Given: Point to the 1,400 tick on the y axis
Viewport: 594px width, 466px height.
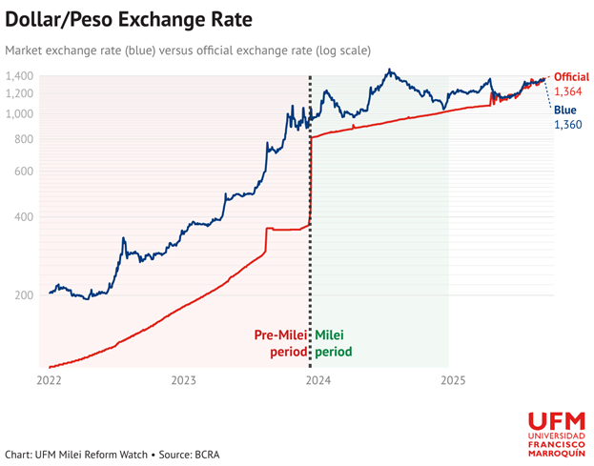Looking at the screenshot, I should [x=20, y=75].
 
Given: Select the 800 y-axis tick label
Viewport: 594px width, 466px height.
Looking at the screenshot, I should [x=25, y=139].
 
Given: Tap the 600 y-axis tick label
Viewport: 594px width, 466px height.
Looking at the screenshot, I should [x=25, y=172].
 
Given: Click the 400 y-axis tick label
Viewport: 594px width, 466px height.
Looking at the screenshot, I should [x=25, y=217].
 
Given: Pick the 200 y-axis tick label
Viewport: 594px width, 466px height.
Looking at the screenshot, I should [x=25, y=294].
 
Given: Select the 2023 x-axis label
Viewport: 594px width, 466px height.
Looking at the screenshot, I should [x=184, y=380].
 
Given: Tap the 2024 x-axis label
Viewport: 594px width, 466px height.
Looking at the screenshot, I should [x=318, y=380].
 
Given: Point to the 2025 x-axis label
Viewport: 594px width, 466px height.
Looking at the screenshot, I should [x=453, y=380].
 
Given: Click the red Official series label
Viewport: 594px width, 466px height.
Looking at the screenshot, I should [x=571, y=76].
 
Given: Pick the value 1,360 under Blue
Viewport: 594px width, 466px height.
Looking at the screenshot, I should [x=568, y=126].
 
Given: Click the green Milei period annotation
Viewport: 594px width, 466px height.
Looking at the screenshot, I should [x=333, y=343].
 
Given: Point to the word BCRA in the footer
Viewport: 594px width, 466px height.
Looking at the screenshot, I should [x=206, y=455].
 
